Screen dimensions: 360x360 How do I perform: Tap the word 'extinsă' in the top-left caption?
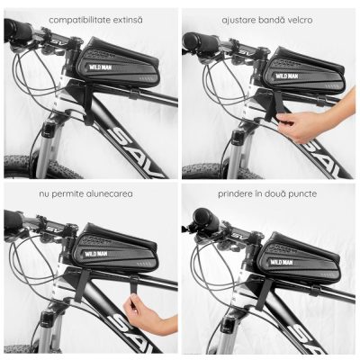pos(128,20)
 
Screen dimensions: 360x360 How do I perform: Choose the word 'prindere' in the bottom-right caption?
pos(233,193)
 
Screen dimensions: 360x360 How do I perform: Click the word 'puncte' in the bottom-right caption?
pos(302,194)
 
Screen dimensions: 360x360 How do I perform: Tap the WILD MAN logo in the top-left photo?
pos(100,67)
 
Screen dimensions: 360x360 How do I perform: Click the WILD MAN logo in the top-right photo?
pos(287,76)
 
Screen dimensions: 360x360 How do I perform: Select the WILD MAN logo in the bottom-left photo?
pos(94,254)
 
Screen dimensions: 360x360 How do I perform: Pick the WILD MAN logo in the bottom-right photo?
pos(281,263)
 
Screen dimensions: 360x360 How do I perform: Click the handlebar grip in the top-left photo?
pos(18,31)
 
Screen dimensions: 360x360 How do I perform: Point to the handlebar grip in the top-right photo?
pos(201,43)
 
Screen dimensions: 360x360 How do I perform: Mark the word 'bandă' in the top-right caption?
pos(268,20)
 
